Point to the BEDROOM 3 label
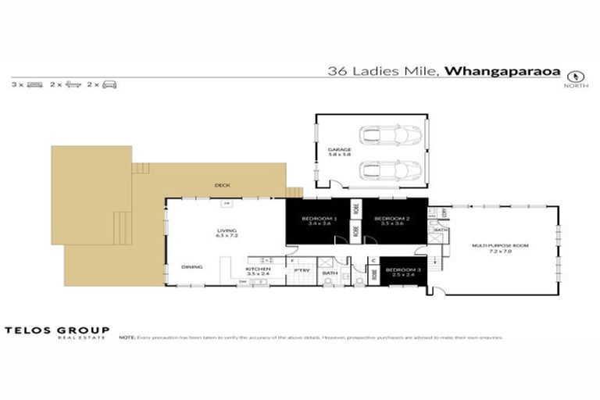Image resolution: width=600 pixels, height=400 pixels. (402, 272)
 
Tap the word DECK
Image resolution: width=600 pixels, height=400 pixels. (222, 185)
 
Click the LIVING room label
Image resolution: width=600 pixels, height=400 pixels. (227, 232)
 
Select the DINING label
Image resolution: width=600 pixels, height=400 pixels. (192, 267)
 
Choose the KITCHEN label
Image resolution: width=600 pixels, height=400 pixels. (259, 271)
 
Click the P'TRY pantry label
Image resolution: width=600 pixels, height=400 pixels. (301, 271)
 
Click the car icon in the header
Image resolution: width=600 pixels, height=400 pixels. (110, 84)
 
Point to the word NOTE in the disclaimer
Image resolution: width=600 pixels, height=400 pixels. (127, 337)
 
